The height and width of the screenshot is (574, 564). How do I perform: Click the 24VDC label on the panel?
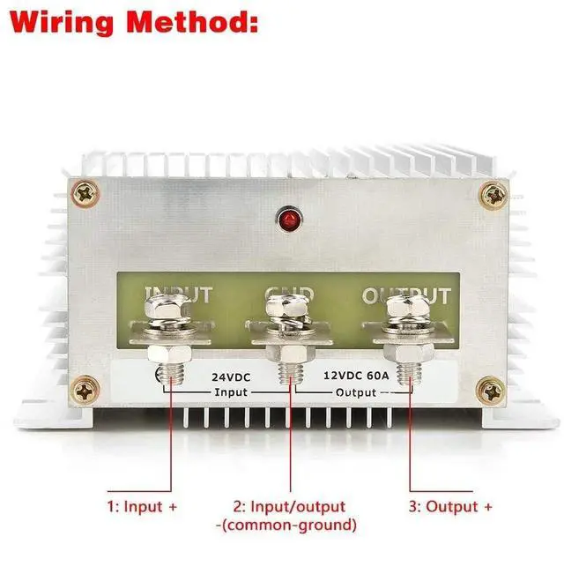click(232, 376)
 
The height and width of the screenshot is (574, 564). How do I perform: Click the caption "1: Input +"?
click(142, 507)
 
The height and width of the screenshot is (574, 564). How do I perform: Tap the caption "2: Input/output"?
click(289, 507)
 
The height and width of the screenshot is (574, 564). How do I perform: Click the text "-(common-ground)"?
click(286, 525)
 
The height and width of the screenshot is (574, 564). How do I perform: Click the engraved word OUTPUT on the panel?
click(406, 296)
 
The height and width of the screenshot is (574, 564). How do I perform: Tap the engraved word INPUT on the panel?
click(179, 294)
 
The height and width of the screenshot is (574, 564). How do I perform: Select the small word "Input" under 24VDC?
click(232, 391)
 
